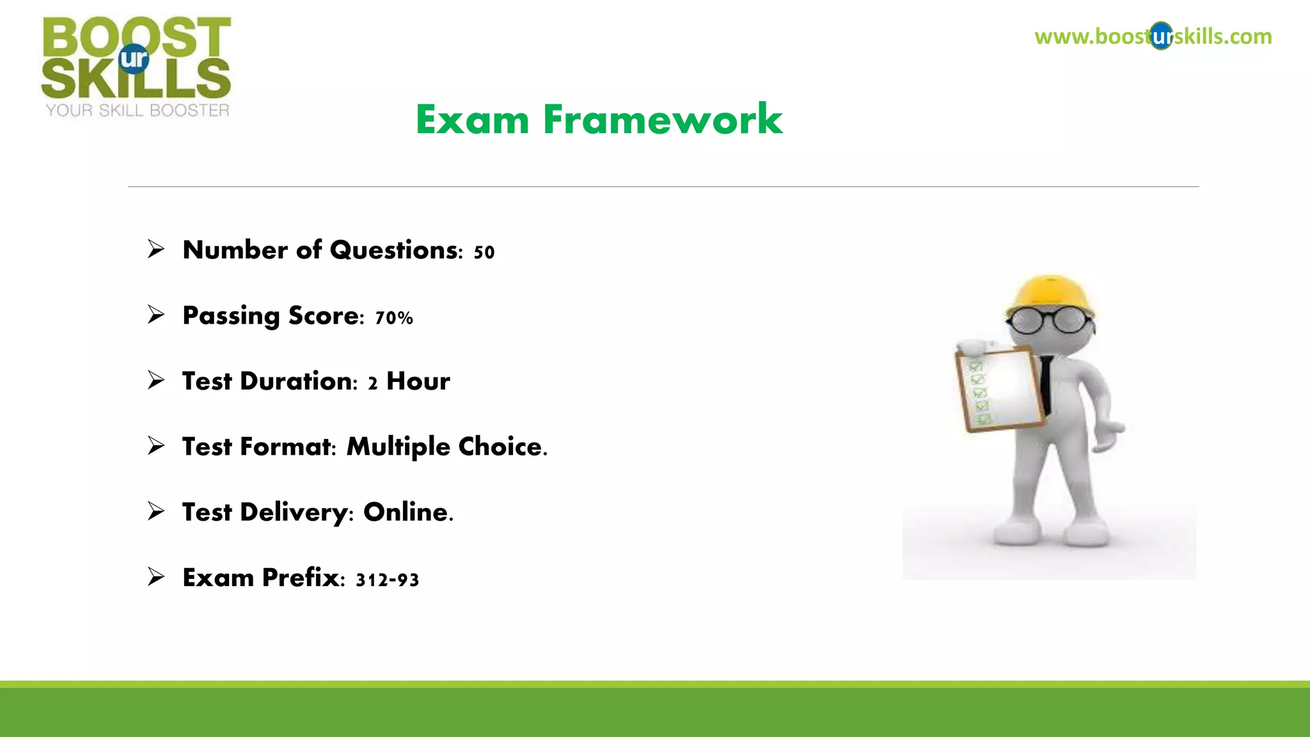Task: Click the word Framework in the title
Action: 663,120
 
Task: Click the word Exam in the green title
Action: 472,120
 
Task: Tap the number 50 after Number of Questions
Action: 484,252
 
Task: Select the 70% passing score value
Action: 394,318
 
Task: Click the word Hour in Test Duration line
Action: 418,381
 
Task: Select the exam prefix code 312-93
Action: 387,580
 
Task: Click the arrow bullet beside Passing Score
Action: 156,315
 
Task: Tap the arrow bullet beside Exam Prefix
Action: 156,577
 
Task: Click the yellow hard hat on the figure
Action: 1049,296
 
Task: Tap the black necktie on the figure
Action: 1046,384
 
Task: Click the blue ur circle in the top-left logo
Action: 134,59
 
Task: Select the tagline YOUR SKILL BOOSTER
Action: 138,111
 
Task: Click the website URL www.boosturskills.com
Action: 1153,36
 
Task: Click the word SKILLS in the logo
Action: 136,79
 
